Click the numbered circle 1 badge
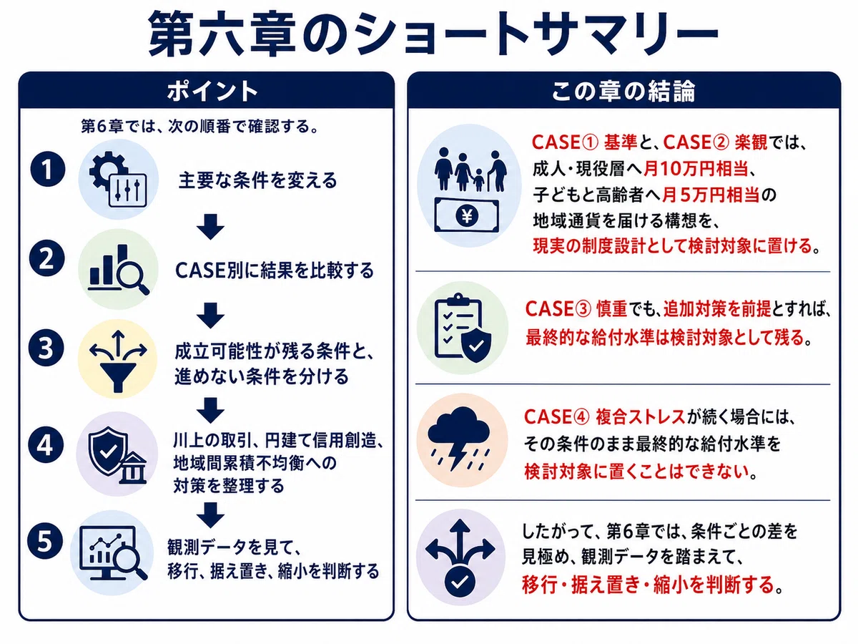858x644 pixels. coord(47,170)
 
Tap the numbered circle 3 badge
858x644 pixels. coord(46,348)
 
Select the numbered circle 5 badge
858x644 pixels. coord(45,542)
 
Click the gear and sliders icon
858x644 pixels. coord(118,179)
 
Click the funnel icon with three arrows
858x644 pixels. coord(118,361)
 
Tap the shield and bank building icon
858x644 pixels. coord(117,456)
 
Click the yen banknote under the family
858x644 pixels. coord(467,215)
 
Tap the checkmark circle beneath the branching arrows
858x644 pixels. coord(460,582)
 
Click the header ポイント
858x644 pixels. coord(212,92)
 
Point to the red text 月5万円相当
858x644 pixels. coord(711,195)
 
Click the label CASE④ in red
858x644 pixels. coord(556,417)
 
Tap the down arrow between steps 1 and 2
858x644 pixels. coord(210,226)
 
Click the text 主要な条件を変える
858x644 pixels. coord(257,180)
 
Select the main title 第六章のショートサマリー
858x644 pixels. coord(433,33)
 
